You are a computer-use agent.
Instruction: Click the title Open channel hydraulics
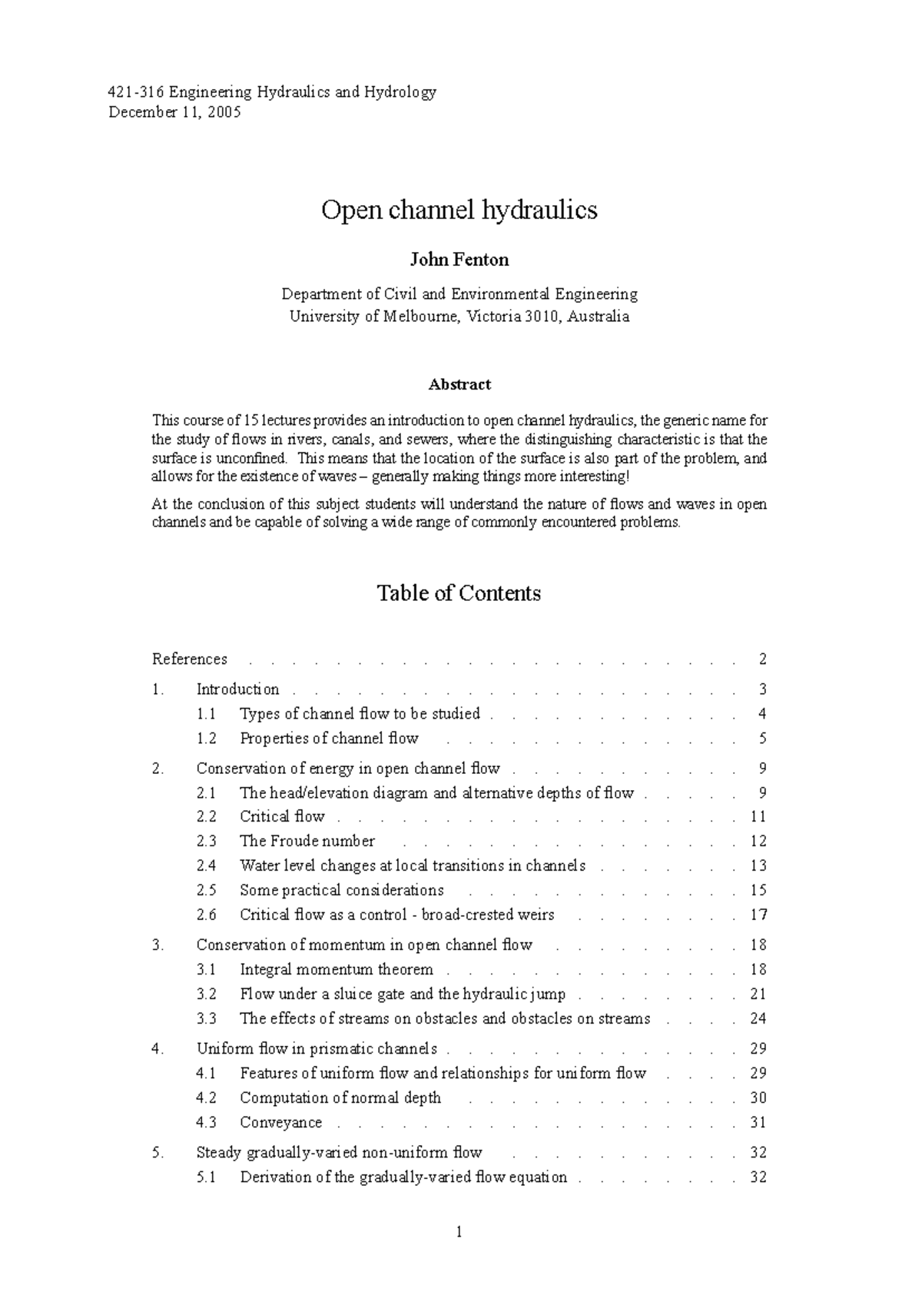[459, 210]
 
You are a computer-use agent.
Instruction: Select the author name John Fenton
[459, 260]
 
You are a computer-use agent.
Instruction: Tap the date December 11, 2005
[174, 112]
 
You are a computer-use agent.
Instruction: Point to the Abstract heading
[459, 384]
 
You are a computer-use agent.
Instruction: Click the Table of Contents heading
[459, 593]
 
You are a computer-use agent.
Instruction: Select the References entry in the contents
[190, 659]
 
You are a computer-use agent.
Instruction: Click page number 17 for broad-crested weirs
[758, 915]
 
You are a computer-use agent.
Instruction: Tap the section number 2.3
[206, 841]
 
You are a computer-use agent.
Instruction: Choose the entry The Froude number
[307, 841]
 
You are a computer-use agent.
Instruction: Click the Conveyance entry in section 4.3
[280, 1122]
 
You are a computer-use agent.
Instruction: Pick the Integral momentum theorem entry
[337, 969]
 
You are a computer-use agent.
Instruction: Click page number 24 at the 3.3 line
[758, 1018]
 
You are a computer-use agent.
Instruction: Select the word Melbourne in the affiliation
[419, 316]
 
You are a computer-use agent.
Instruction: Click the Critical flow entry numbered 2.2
[282, 816]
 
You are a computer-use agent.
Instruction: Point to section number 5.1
[206, 1177]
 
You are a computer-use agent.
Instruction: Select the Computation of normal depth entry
[340, 1097]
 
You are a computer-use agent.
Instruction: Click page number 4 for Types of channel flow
[762, 713]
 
